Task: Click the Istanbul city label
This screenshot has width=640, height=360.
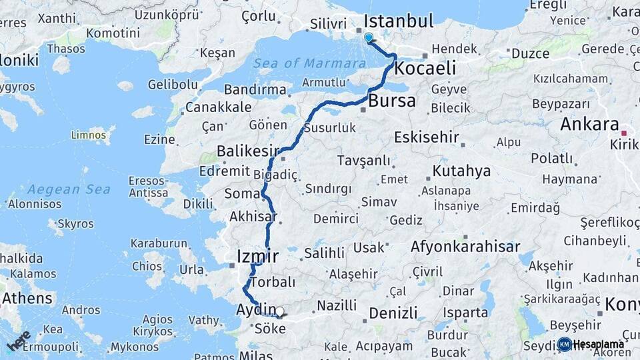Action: point(399,21)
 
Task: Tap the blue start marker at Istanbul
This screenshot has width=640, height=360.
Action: point(369,37)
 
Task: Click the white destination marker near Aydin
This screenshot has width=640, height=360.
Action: point(280,311)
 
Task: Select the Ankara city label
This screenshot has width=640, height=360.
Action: point(589,124)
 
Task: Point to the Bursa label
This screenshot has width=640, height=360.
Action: point(392,101)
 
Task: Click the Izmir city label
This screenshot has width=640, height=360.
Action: point(258,256)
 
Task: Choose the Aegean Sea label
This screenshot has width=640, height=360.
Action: point(69,189)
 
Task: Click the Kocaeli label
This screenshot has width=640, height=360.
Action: point(425,68)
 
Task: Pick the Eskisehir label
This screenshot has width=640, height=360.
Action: point(427,137)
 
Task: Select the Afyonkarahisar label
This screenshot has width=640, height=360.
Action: point(465,247)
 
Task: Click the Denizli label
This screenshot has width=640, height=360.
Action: point(393,313)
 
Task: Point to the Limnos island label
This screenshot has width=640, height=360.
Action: point(89,135)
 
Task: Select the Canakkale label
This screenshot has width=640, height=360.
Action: point(219,107)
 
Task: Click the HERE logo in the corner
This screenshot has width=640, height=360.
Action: point(19,340)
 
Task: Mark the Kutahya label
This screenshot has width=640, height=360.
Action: point(461,171)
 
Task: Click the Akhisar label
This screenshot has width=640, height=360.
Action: point(253,217)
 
